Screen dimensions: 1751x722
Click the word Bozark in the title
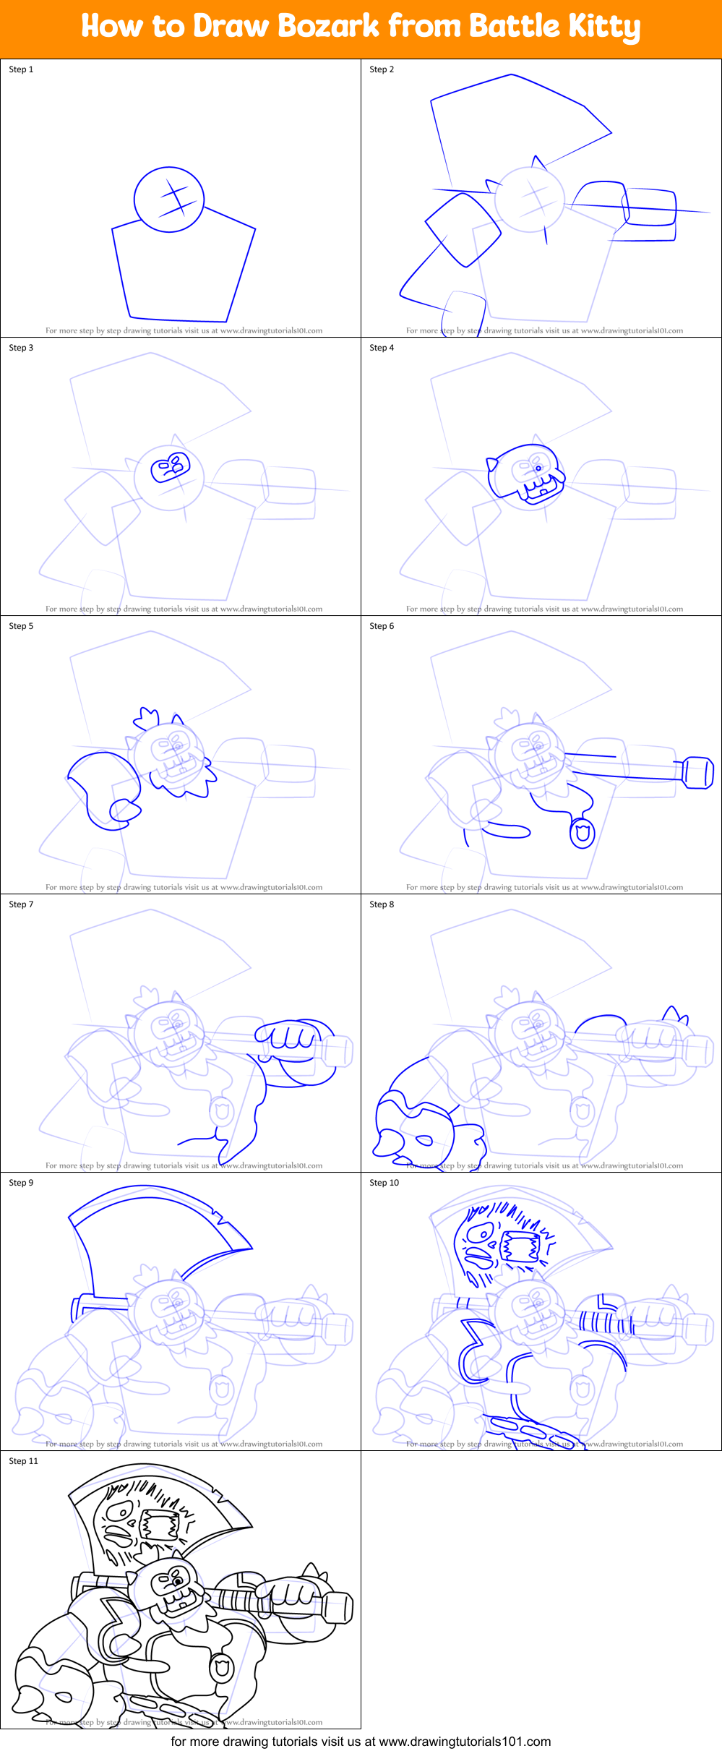(329, 27)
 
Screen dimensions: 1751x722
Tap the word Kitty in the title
(603, 27)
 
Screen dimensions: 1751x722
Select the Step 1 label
(21, 69)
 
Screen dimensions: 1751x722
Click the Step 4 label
(382, 348)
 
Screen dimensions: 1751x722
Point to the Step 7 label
(21, 904)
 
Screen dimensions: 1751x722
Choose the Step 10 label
(384, 1183)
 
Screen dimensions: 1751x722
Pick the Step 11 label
(23, 1461)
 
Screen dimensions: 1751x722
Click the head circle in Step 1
(169, 200)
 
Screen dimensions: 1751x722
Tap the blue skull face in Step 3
(170, 467)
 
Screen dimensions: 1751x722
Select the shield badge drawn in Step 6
(582, 834)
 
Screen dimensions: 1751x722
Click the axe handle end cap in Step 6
(697, 773)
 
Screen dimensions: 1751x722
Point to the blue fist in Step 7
(289, 1036)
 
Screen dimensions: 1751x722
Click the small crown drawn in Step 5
(146, 718)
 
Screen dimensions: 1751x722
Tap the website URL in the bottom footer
(465, 1742)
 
